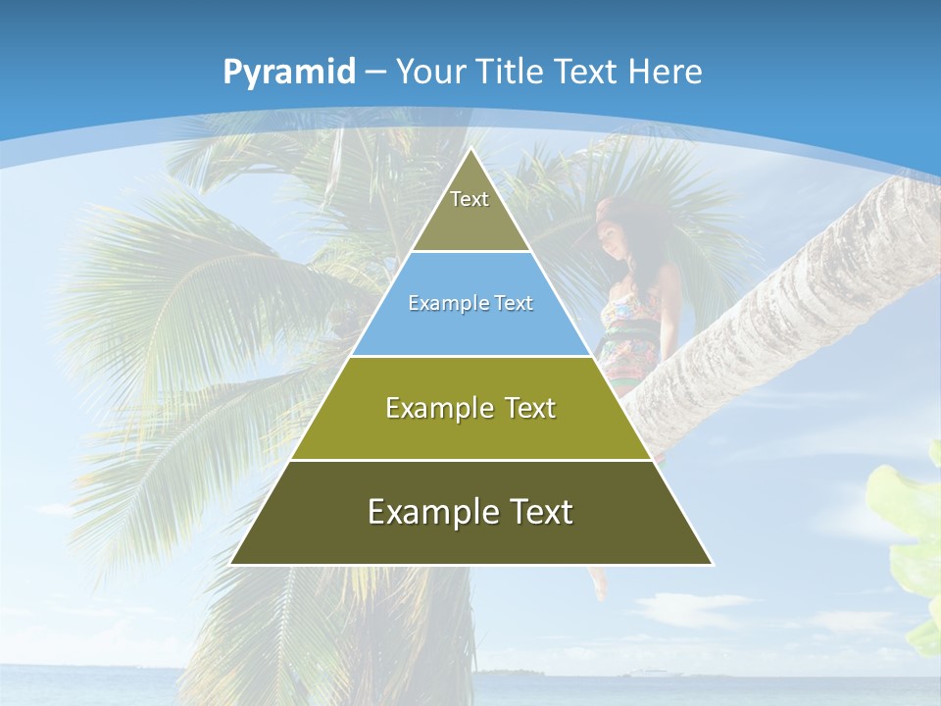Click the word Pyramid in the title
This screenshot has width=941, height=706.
tap(288, 72)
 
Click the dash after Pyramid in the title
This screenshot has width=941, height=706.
tap(374, 73)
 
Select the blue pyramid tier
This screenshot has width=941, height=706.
tap(470, 304)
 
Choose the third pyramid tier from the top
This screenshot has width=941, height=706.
tap(470, 408)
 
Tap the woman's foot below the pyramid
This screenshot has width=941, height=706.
tap(599, 585)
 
